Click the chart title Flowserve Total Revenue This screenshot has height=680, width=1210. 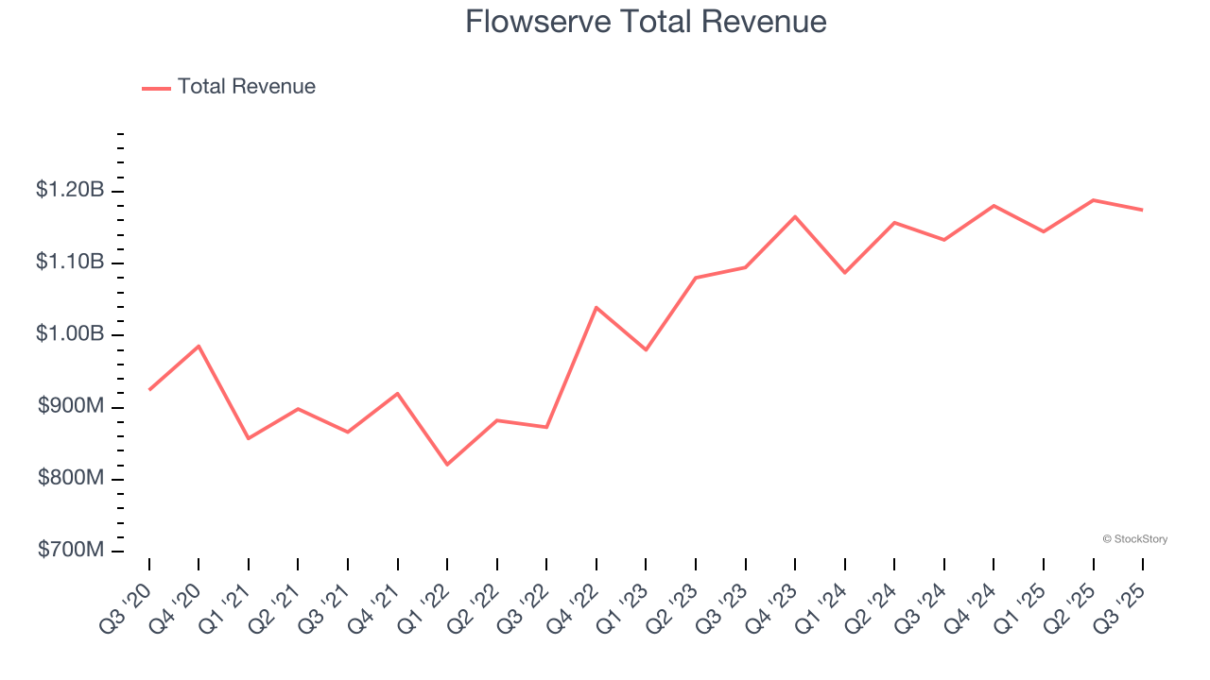click(646, 22)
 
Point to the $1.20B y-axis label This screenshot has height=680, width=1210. click(70, 191)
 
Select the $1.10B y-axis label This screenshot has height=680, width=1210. click(70, 262)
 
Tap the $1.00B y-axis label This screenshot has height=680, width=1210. click(70, 334)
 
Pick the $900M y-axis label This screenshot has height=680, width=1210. click(71, 406)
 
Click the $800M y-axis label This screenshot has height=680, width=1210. click(71, 479)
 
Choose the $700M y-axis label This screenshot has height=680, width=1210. click(71, 551)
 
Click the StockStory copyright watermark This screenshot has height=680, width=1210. click(1134, 539)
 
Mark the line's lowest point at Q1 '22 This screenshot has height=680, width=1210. click(447, 465)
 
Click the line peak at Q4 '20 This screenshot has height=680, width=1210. click(199, 346)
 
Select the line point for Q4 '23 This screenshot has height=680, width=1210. click(795, 216)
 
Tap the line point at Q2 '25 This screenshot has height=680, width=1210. click(1094, 200)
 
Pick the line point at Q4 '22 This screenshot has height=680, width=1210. click(596, 307)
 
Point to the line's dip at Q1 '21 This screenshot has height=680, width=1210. click(249, 438)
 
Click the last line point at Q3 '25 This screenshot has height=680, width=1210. click(1143, 210)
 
